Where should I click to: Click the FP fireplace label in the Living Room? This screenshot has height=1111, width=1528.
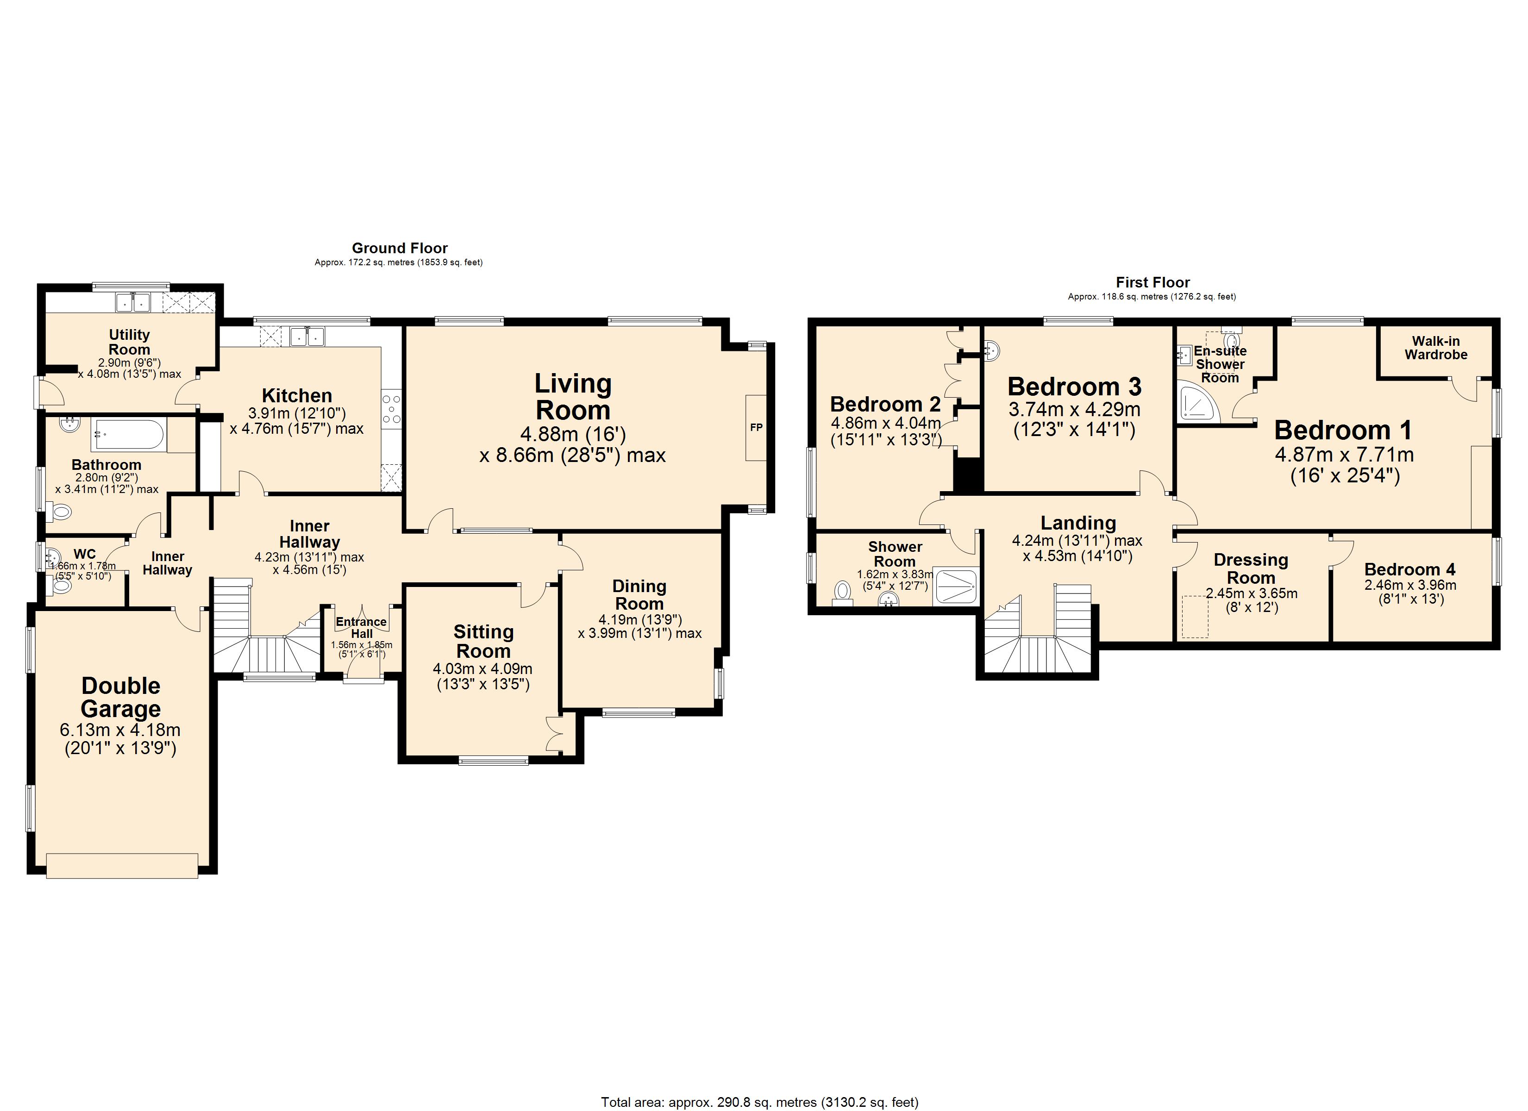(x=756, y=427)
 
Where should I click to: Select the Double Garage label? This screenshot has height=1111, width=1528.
(x=121, y=697)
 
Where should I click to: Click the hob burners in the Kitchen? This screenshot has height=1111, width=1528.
(x=391, y=409)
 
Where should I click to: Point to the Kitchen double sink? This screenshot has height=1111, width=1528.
(x=307, y=336)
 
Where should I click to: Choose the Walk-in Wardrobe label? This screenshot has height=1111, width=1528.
(x=1436, y=348)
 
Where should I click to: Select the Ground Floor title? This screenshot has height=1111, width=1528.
(x=400, y=248)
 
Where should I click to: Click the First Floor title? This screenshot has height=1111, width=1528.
(x=1153, y=282)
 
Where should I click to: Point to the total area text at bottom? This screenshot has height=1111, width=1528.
(x=759, y=1102)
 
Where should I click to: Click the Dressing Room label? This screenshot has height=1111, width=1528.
(x=1251, y=568)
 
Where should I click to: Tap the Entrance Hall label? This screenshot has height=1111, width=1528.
(x=362, y=627)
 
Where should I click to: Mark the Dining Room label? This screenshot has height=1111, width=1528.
(x=639, y=595)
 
